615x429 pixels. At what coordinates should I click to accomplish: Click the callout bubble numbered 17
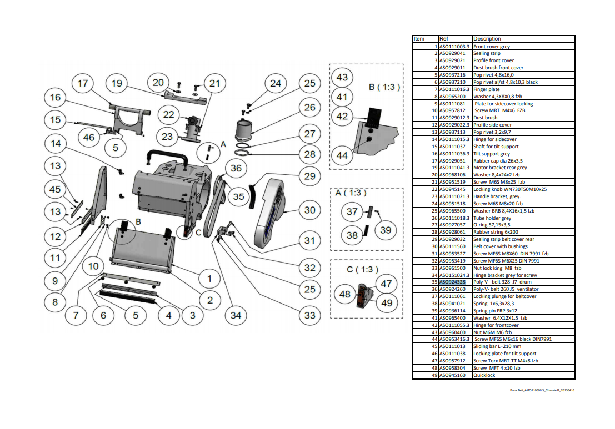tap(83, 83)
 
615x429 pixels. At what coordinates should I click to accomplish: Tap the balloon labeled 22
tap(168, 114)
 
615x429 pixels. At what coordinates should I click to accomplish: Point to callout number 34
tap(236, 315)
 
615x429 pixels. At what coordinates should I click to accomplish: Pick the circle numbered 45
tap(55, 189)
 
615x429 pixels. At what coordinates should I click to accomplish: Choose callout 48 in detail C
tap(345, 293)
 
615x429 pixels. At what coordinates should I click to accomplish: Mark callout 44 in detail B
tap(342, 155)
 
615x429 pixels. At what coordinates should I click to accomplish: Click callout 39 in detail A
tap(386, 229)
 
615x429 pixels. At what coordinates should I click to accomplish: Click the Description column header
tap(487, 39)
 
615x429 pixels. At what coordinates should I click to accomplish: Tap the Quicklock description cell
tap(484, 375)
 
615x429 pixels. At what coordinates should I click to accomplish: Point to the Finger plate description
tap(487, 89)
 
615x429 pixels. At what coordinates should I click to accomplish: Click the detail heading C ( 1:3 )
tap(362, 270)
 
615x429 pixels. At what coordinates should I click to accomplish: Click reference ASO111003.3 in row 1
tap(454, 47)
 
